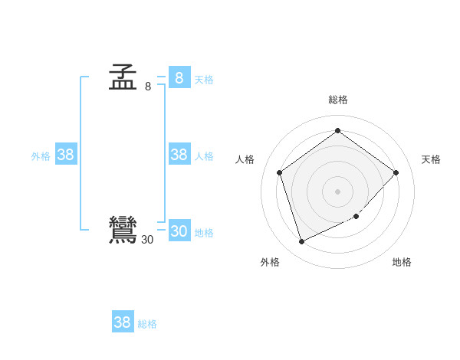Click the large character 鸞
tap(123, 231)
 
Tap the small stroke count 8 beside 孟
tap(148, 87)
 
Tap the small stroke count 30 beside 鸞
tap(147, 240)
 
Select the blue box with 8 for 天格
tap(179, 77)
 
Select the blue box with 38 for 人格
tap(179, 155)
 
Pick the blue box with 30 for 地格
tap(179, 231)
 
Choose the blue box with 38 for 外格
tap(66, 155)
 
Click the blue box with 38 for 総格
tap(122, 322)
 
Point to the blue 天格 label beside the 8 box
tap(204, 80)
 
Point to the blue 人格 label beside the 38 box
tap(204, 156)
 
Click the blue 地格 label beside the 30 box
tap(204, 233)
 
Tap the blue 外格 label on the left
tap(41, 156)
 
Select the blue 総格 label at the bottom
tap(147, 324)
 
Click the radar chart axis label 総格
tap(338, 100)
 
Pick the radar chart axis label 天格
tap(432, 159)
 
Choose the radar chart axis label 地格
tap(402, 262)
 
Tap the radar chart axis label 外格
tap(270, 262)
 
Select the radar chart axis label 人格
tap(245, 159)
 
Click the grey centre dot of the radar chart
tap(337, 191)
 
